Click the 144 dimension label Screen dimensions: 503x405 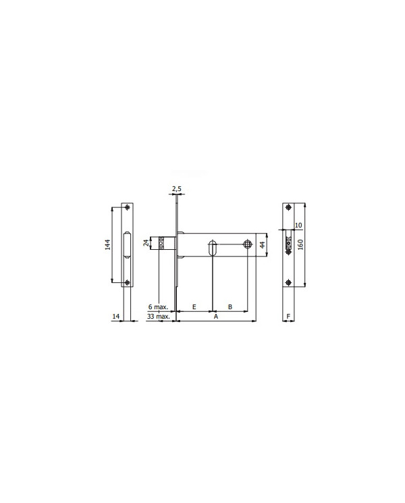tap(107, 245)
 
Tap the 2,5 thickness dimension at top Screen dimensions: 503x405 tap(176, 188)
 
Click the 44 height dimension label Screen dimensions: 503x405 tap(263, 244)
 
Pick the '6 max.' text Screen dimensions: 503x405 tap(158, 307)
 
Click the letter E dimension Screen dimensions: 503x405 tap(194, 307)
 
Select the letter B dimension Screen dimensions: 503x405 tap(230, 307)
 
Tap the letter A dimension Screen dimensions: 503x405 tap(215, 316)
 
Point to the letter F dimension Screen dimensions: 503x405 tap(288, 316)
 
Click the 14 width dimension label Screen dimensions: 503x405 tap(116, 316)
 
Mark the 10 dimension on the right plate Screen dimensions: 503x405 tap(298, 226)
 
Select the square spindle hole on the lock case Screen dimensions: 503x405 tap(247, 244)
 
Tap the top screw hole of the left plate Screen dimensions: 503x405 tap(128, 207)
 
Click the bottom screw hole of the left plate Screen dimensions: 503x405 tap(128, 282)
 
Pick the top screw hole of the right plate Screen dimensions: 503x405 tap(288, 207)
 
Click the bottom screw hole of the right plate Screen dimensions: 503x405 tap(288, 282)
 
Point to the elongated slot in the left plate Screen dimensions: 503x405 tap(128, 244)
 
